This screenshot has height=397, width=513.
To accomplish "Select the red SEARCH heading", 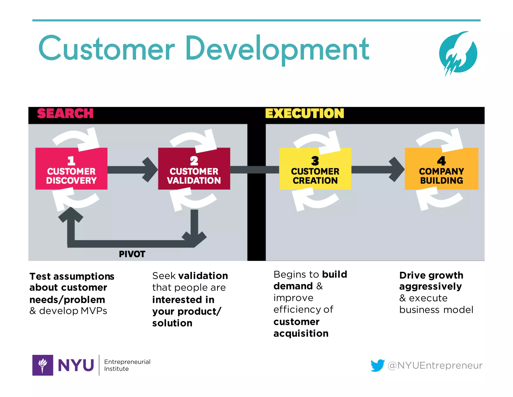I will [x=65, y=113].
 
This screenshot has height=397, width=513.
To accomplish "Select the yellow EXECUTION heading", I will [x=304, y=113].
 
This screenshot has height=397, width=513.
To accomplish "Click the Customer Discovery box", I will [x=71, y=169].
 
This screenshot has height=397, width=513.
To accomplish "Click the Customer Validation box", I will [x=194, y=169].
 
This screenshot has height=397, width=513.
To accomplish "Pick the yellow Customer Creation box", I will [x=315, y=169].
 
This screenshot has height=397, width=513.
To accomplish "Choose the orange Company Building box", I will [x=441, y=169].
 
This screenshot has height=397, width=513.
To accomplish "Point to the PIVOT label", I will [x=132, y=254].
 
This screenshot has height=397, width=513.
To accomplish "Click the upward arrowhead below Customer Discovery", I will [x=71, y=215].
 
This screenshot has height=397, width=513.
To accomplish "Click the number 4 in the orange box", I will [x=441, y=161].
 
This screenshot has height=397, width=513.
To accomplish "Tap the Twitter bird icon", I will [x=377, y=365].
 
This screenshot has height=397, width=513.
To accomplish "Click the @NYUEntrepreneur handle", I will [x=435, y=365].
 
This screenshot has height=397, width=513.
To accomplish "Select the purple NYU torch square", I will [x=43, y=365].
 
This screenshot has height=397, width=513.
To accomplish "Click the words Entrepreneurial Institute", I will [x=127, y=365].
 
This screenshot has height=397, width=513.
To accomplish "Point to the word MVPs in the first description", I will [x=94, y=311].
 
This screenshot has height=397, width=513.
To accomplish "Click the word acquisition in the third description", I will [x=301, y=334].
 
